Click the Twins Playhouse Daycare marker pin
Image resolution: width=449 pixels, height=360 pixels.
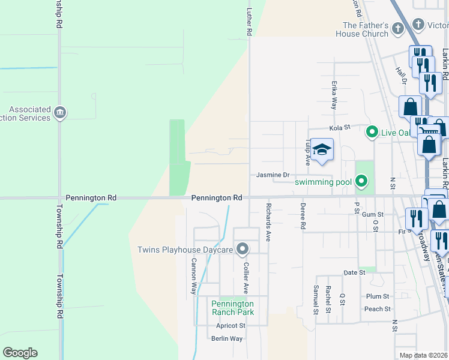[243, 248]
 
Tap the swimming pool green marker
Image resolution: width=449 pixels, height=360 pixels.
[361, 180]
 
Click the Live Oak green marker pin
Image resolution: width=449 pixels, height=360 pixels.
[372, 131]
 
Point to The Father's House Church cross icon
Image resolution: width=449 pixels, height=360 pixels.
[397, 28]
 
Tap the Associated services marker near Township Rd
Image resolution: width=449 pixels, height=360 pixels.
[59, 112]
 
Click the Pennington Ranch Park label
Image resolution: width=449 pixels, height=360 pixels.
[232, 308]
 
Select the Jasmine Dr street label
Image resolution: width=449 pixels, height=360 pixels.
[273, 175]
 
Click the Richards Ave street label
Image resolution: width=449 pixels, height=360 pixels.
[268, 221]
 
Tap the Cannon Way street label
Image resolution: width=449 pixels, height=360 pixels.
[194, 275]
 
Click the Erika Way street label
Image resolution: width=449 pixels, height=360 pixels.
[334, 95]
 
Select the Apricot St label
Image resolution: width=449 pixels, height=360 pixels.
[231, 326]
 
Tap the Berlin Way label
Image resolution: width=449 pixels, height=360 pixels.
[227, 338]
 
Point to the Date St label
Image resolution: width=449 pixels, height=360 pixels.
[354, 272]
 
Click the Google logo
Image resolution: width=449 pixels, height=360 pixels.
[20, 353]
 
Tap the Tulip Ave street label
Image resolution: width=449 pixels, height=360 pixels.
[307, 152]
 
